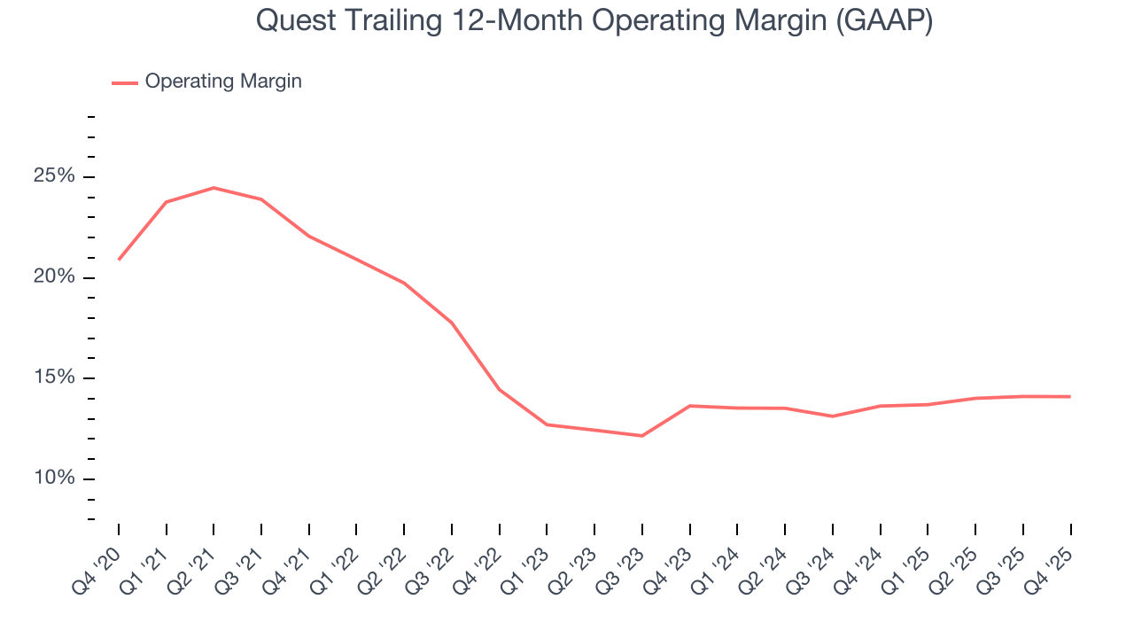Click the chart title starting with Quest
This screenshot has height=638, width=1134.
tap(594, 19)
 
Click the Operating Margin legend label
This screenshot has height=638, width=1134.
tap(223, 82)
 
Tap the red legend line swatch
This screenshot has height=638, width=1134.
tap(125, 82)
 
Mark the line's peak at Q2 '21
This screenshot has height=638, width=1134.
tap(214, 188)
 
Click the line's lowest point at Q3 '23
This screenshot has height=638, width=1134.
tap(642, 436)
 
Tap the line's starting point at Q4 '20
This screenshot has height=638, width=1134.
tap(119, 260)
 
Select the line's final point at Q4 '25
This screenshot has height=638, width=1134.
tap(1070, 396)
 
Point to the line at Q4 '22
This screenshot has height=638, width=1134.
tap(500, 390)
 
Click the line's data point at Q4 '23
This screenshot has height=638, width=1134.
tap(690, 406)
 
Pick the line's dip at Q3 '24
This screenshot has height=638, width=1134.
tap(833, 416)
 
